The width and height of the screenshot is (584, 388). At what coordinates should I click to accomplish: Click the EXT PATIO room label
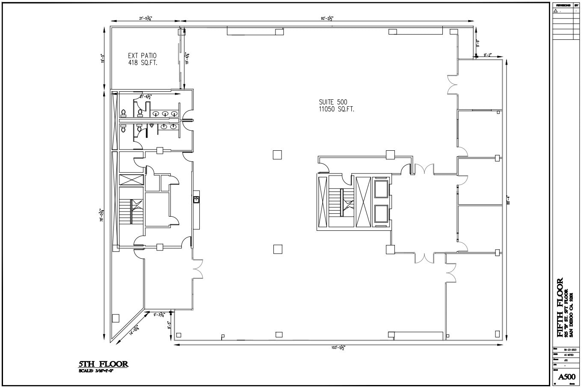click(x=142, y=56)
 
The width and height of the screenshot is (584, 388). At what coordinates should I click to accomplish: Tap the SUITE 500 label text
click(x=333, y=102)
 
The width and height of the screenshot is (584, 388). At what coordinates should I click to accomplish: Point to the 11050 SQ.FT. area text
click(x=336, y=109)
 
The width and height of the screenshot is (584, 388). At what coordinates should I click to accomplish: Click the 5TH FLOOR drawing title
click(x=103, y=364)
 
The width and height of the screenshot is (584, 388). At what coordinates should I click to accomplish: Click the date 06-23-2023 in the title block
click(x=568, y=350)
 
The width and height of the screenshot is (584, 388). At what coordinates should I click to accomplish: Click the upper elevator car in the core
click(x=380, y=189)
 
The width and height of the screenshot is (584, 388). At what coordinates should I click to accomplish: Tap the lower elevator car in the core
click(x=380, y=215)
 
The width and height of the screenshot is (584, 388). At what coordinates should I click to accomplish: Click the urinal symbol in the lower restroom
click(x=151, y=126)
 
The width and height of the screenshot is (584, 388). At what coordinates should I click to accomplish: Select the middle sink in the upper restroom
click(x=165, y=113)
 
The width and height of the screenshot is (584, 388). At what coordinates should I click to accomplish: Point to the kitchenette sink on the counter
click(x=196, y=199)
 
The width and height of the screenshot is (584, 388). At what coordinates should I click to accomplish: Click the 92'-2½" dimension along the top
click(x=327, y=18)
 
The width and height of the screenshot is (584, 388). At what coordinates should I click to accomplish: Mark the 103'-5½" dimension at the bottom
click(x=338, y=347)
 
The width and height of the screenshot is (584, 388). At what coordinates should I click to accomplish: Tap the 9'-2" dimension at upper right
click(x=487, y=55)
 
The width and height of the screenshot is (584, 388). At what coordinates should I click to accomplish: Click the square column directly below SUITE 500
click(x=277, y=155)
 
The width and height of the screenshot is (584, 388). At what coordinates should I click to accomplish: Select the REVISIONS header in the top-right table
click(x=563, y=5)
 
